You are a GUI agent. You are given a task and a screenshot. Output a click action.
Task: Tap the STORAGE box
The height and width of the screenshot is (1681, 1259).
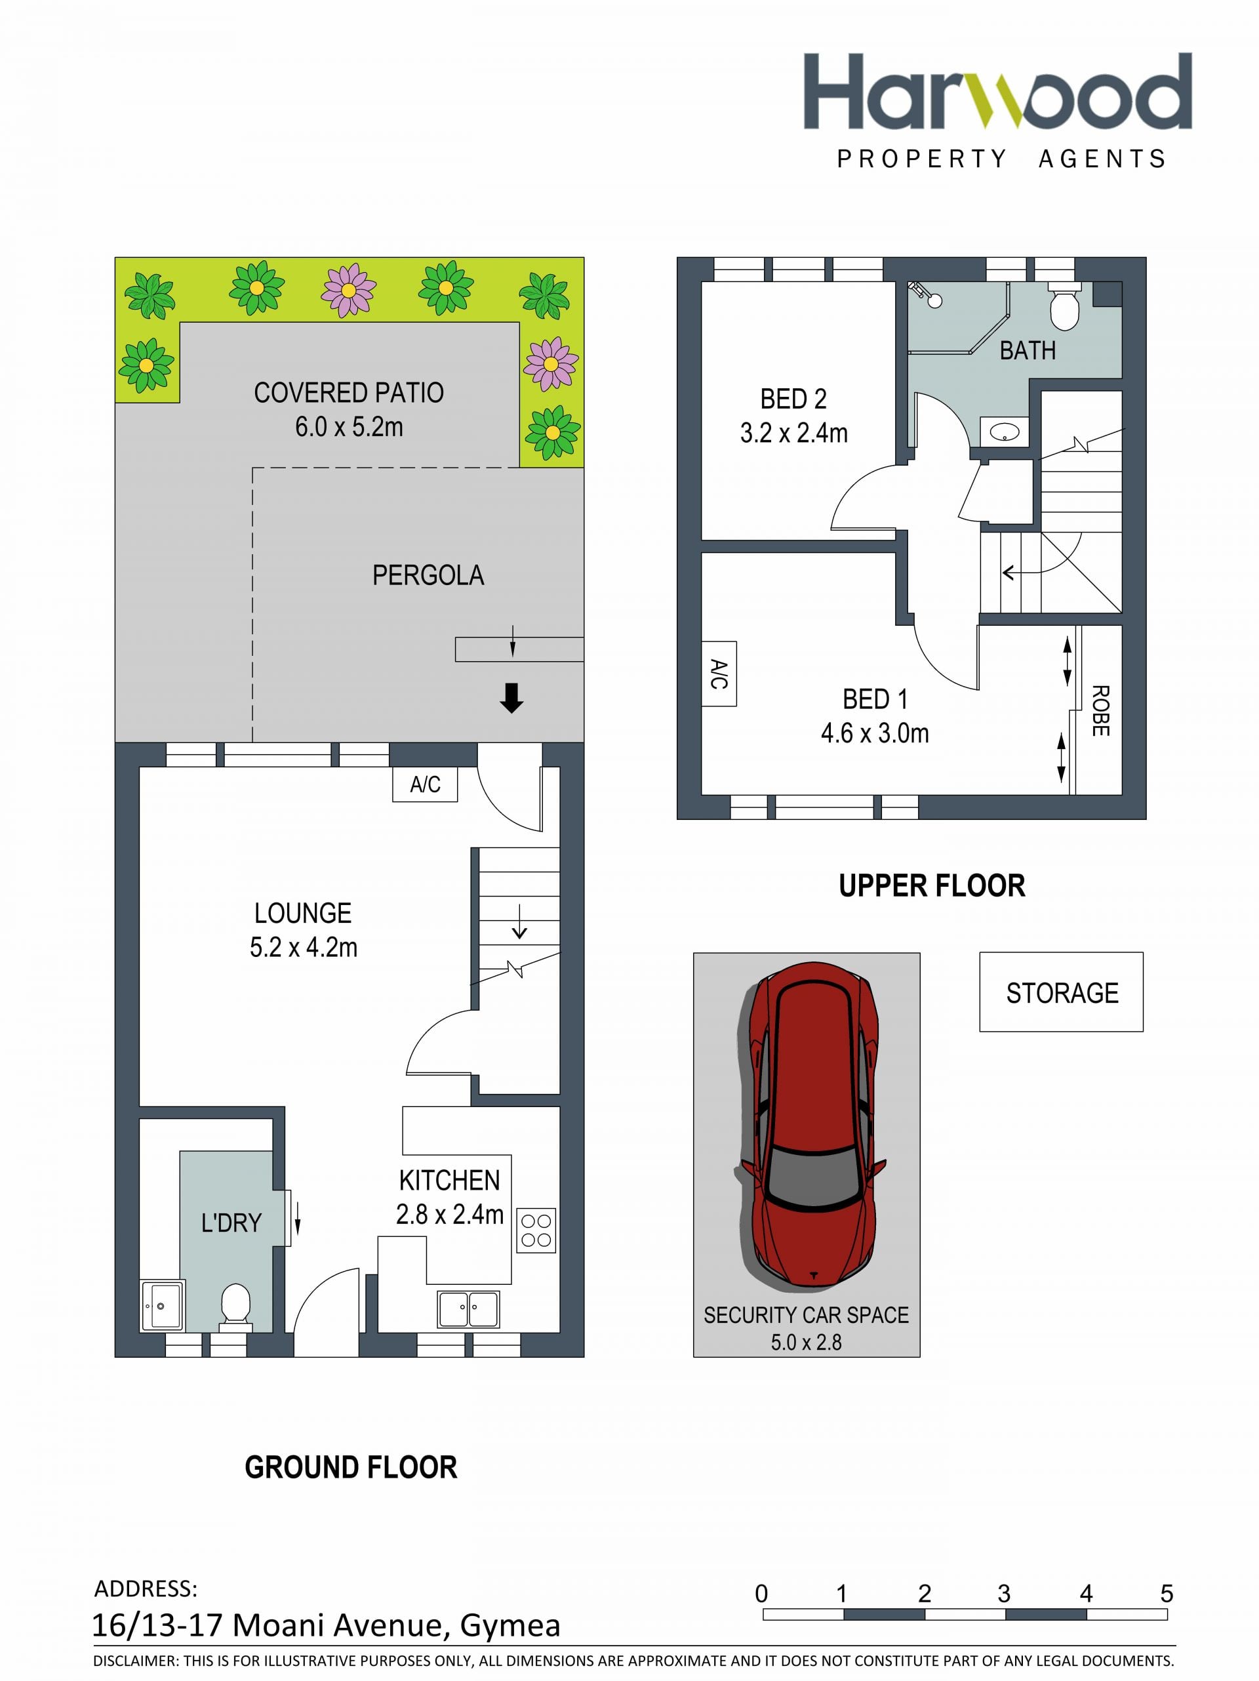1061,992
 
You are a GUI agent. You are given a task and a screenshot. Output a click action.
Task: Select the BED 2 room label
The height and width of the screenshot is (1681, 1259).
793,399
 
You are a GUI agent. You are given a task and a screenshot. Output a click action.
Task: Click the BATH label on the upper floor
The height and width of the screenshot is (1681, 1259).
1028,350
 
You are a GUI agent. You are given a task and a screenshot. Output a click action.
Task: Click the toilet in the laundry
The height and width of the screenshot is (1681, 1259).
235,1306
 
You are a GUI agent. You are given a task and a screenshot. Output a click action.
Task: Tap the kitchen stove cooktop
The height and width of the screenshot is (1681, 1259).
536,1230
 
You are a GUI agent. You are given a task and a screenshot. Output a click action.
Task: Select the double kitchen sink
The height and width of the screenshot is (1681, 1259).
469,1308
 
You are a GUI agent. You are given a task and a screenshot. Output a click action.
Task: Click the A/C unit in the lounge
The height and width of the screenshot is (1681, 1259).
425,784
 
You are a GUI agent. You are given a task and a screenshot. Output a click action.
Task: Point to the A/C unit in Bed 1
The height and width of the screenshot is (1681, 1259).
719,674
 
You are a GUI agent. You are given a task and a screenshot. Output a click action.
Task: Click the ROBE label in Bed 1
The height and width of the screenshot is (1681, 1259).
1100,710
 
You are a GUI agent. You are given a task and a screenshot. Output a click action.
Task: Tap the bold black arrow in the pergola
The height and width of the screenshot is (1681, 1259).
511,698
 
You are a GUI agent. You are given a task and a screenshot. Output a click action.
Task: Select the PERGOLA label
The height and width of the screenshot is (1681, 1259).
428,575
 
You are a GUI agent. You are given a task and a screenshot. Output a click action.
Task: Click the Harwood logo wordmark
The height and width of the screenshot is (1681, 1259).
997,91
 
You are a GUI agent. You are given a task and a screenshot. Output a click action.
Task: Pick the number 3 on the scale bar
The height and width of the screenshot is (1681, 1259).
1004,1593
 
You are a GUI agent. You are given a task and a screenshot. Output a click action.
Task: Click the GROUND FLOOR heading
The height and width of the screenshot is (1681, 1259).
351,1467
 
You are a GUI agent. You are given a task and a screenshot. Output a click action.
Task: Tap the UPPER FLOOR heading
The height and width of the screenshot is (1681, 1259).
932,885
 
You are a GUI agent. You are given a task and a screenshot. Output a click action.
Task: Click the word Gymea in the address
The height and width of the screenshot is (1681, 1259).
510,1625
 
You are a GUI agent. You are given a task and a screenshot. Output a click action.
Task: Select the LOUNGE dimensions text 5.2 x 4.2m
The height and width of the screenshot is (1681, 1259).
303,947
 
